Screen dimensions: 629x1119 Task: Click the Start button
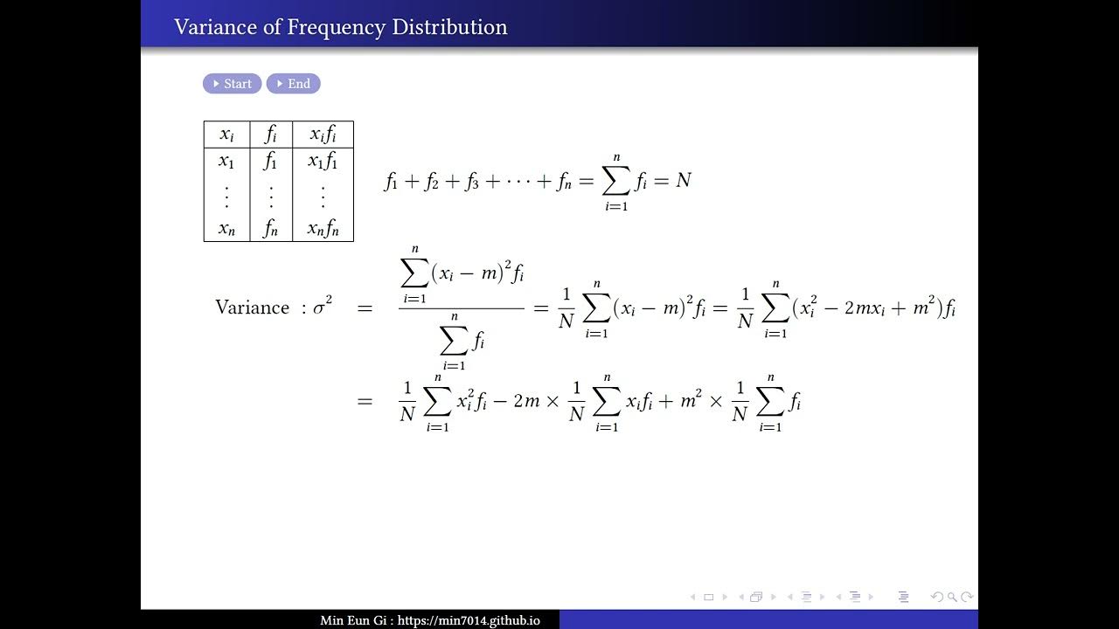(x=232, y=84)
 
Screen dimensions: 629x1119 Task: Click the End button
(x=294, y=84)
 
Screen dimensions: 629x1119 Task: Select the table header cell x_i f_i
(x=323, y=135)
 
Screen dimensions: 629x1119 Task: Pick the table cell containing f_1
(x=271, y=162)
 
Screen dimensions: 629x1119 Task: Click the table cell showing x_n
(x=226, y=229)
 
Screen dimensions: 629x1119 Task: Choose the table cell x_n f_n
(x=323, y=229)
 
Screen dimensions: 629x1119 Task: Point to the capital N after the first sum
(x=683, y=181)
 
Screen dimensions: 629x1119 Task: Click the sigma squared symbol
(x=323, y=308)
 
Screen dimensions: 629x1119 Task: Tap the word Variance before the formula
(x=252, y=308)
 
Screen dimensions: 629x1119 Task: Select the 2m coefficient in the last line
(x=526, y=402)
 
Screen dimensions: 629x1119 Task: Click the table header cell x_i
(x=226, y=135)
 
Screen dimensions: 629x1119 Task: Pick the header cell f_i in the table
(x=271, y=135)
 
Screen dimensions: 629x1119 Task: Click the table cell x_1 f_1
(x=323, y=162)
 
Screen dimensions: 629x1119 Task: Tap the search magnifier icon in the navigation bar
(x=952, y=598)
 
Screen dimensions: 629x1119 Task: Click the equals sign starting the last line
(x=365, y=402)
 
